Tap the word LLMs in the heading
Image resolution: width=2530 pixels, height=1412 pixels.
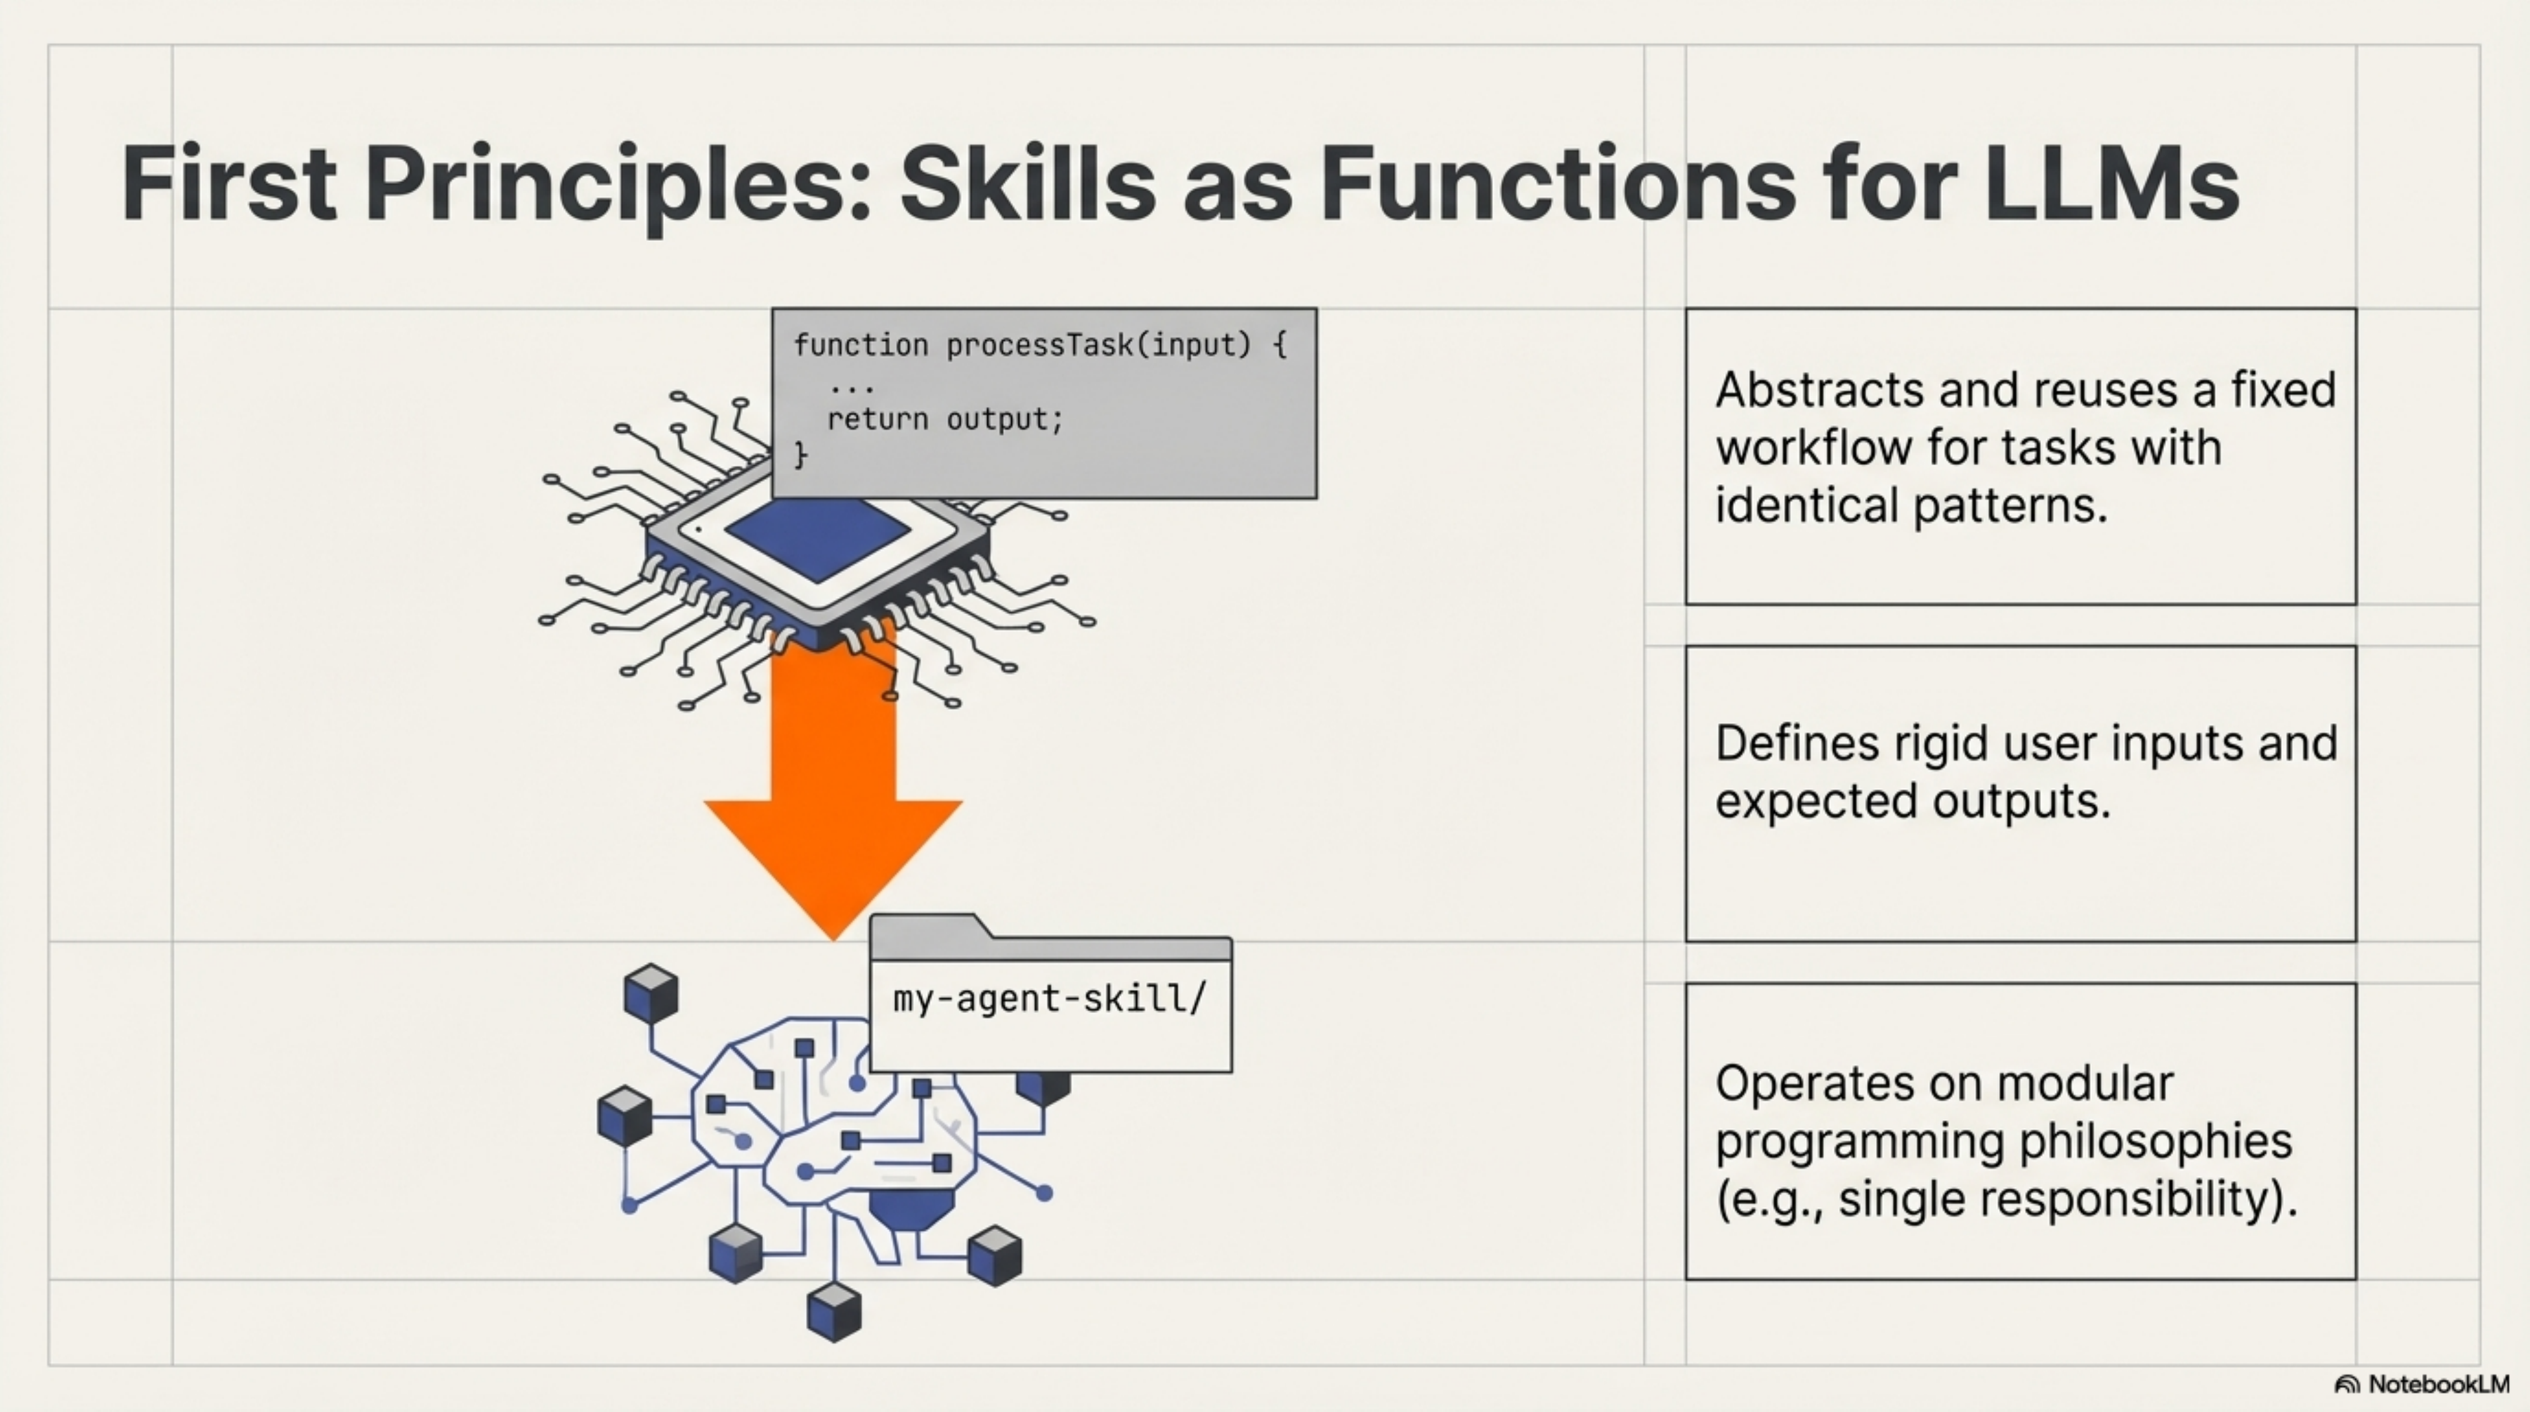[2112, 184]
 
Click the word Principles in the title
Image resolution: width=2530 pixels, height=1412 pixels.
[617, 184]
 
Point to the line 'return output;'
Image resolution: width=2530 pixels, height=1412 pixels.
[945, 419]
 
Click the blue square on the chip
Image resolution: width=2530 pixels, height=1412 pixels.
[817, 538]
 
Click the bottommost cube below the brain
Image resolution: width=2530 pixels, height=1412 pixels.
[834, 1311]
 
